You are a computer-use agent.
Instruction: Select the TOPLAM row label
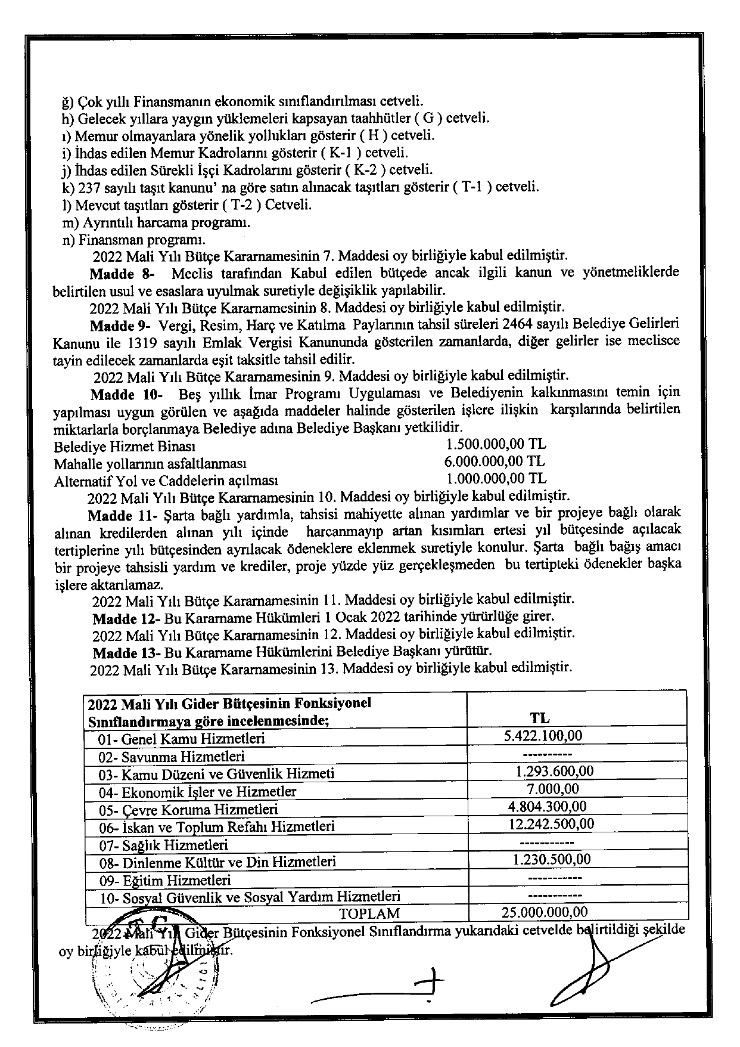click(x=369, y=913)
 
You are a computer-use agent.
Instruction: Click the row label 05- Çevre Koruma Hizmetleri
click(x=189, y=809)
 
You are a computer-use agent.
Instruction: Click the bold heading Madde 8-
click(x=122, y=274)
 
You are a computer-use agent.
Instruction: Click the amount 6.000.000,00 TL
click(x=494, y=461)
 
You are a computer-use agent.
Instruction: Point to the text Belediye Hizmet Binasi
click(x=125, y=447)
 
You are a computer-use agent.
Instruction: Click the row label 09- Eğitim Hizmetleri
click(x=165, y=880)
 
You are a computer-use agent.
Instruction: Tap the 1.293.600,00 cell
click(x=555, y=771)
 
